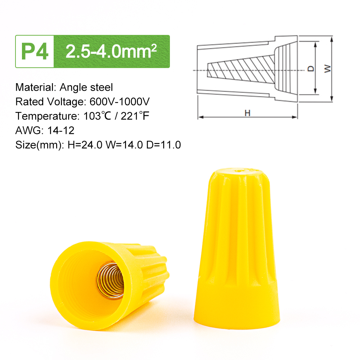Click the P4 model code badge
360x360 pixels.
pos(35,51)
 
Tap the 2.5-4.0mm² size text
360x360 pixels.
pos(111,51)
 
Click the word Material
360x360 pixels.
pos(34,87)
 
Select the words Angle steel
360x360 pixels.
pos(86,87)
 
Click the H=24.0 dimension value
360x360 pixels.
pos(83,145)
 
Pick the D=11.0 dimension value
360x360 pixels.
pos(163,145)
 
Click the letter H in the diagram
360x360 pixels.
pos(247,113)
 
